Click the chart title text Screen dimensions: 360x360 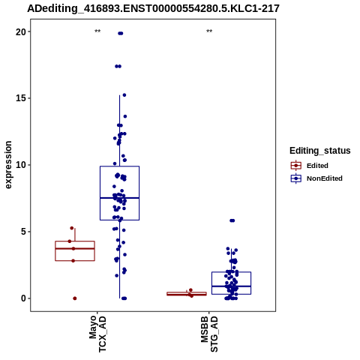coord(153,8)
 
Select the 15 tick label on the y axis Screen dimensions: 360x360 coord(21,98)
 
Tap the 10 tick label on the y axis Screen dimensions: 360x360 coord(21,165)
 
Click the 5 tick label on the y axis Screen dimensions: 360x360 coord(24,232)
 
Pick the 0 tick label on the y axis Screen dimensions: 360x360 coord(24,298)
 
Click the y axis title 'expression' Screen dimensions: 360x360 coord(8,165)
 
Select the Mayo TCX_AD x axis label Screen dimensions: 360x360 coord(97,334)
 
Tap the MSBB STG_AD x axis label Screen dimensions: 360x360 coord(209,334)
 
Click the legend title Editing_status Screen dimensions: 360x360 coord(320,151)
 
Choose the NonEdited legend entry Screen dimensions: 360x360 coord(316,178)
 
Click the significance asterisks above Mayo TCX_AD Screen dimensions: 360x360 coord(97,31)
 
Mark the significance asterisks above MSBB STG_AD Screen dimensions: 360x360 coord(209,31)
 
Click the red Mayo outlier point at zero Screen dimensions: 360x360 coord(75,298)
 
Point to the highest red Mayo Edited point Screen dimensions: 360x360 coord(72,228)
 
